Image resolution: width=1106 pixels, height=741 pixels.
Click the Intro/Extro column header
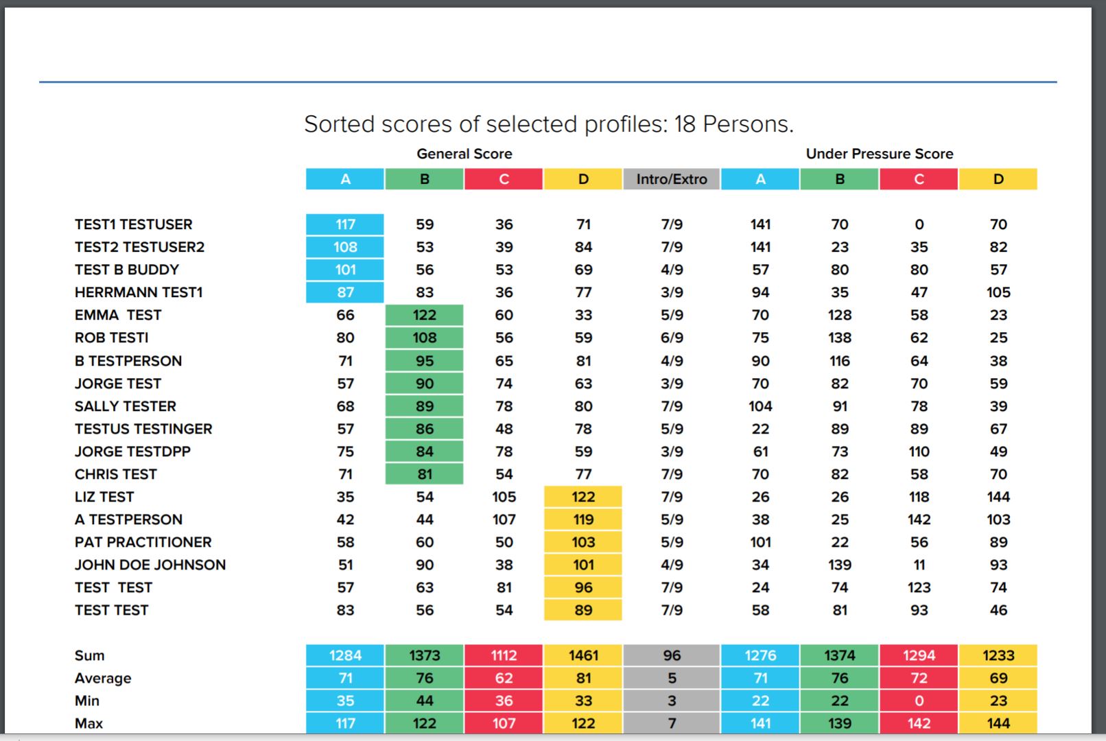[x=671, y=179]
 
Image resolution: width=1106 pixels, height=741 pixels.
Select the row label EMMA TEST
[x=118, y=315]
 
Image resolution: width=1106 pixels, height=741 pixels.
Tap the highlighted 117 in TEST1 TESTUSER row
[x=345, y=224]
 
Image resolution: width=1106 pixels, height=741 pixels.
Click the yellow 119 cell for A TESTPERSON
[x=583, y=519]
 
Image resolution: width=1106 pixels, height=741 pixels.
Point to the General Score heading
[x=464, y=154]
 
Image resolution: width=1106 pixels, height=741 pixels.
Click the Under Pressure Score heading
[x=879, y=154]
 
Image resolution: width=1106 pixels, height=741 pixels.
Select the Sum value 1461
[x=583, y=655]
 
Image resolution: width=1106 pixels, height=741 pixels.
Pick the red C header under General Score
[x=504, y=179]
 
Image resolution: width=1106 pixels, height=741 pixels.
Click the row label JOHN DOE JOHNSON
[x=150, y=565]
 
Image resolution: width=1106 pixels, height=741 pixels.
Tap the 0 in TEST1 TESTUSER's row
[x=919, y=224]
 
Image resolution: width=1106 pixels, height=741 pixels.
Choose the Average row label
[x=103, y=678]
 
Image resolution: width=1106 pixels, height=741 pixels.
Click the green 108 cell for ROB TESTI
[x=424, y=338]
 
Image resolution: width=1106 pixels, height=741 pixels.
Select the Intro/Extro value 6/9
[x=671, y=338]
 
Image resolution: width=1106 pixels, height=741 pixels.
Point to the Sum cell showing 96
[x=671, y=655]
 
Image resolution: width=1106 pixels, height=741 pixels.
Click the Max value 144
[x=998, y=723]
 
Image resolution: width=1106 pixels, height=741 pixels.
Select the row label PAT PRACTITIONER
[x=143, y=542]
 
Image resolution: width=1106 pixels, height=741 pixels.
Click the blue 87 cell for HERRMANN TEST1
[x=345, y=292]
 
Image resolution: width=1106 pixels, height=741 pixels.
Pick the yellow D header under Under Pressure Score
[x=998, y=179]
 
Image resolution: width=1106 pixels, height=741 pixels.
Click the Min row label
[x=87, y=701]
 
